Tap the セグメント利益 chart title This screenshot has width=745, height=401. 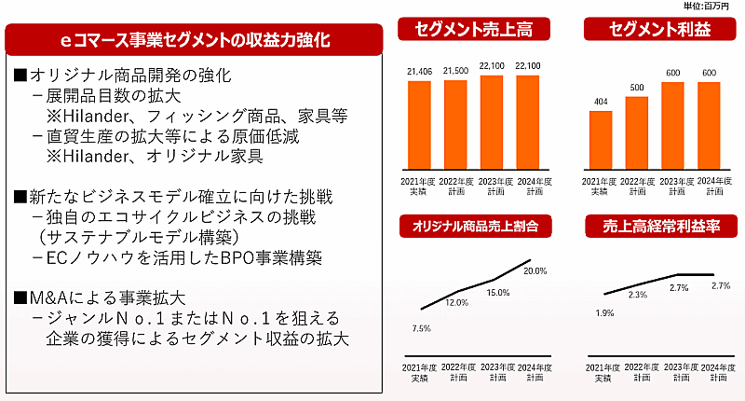click(x=654, y=29)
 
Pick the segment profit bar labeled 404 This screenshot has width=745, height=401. click(x=601, y=139)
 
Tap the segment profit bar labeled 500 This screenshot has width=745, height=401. click(x=637, y=131)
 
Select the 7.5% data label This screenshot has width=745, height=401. click(x=420, y=327)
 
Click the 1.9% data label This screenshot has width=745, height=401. click(x=603, y=313)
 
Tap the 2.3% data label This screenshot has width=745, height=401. click(x=638, y=295)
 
